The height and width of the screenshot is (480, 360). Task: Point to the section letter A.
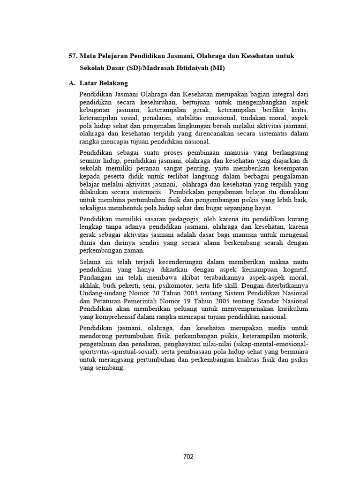click(72, 83)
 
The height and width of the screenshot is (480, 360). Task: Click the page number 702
click(188, 457)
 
